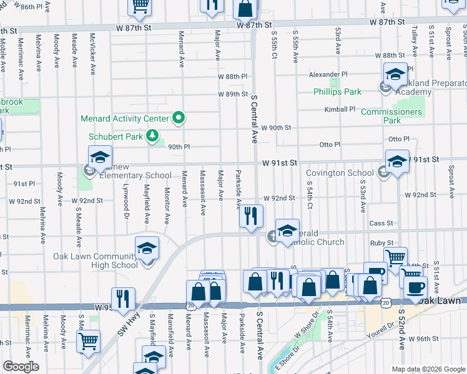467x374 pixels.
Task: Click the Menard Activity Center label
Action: tap(124, 118)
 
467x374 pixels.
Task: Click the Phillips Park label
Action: tap(337, 92)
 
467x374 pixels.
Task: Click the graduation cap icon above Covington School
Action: tap(397, 161)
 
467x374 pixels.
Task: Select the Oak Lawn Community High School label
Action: tap(95, 261)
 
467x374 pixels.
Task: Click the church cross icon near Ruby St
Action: tap(273, 236)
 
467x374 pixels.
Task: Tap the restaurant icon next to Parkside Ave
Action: tap(251, 216)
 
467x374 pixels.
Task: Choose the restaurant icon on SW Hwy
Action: tap(123, 299)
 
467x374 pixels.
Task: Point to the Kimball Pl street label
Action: tap(340, 109)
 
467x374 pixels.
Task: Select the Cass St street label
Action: tap(381, 223)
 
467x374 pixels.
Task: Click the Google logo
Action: tap(20, 367)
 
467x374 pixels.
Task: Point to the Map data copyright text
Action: tap(428, 368)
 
